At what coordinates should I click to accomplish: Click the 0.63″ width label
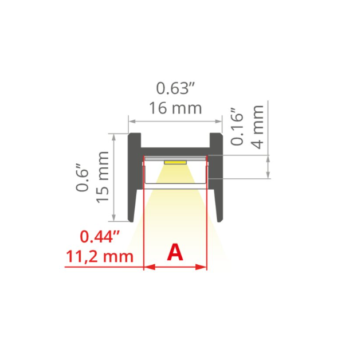click(x=175, y=88)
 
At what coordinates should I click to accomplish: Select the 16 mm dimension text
click(x=175, y=108)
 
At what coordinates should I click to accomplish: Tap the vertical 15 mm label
click(x=103, y=177)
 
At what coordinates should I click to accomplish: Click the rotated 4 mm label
click(x=258, y=127)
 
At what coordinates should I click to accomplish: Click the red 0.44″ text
click(x=100, y=237)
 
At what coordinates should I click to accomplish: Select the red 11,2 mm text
click(x=100, y=257)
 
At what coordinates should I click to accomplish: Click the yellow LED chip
click(x=175, y=163)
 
